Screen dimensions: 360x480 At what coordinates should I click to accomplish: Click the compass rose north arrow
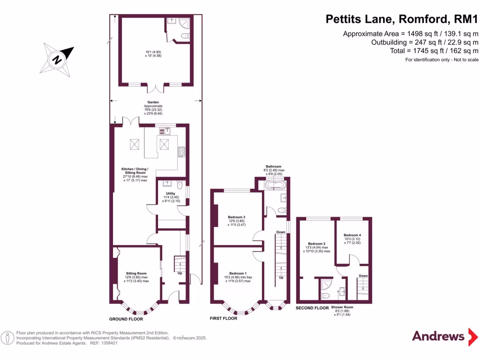tap(59, 59)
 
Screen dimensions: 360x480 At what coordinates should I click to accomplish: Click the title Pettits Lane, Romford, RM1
tap(402, 19)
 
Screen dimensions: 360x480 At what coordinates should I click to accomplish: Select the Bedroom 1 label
tap(238, 273)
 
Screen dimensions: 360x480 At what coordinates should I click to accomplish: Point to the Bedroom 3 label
tap(237, 217)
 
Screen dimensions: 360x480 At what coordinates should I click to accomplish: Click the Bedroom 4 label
tap(352, 235)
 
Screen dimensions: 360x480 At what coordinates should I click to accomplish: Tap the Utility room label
tap(170, 193)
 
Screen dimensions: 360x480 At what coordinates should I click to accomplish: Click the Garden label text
tap(153, 102)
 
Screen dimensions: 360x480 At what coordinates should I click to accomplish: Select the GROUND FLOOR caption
tap(126, 319)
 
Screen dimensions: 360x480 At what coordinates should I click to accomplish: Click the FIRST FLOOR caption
tap(224, 318)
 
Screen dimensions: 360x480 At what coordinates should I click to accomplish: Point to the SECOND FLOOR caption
tap(312, 308)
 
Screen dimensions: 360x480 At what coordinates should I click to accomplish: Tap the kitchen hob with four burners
tap(181, 151)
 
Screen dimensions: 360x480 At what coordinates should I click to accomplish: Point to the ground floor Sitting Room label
tap(136, 273)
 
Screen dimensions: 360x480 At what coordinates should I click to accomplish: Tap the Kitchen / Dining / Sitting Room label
tap(135, 169)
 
